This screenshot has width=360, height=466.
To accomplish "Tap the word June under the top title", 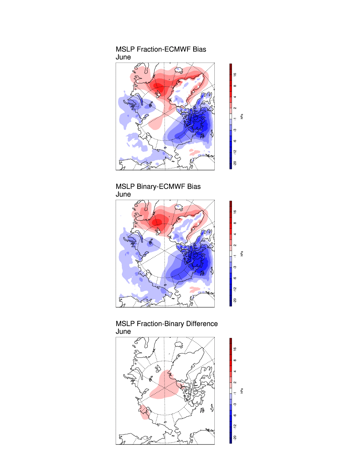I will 123,57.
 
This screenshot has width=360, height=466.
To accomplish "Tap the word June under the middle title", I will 123,195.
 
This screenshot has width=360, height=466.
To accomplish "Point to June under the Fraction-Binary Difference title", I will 123,332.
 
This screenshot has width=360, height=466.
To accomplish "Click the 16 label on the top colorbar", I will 235,75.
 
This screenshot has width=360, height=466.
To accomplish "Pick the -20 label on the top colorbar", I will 235,163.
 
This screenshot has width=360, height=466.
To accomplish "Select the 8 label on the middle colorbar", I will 235,223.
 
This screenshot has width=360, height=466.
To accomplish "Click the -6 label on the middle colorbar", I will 235,278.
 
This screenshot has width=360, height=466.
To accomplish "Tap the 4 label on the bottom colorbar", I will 235,371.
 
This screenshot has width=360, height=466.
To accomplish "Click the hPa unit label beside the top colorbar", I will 242,116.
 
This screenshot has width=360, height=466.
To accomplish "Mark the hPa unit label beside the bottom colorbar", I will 242,391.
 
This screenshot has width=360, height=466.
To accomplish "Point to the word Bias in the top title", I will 199,50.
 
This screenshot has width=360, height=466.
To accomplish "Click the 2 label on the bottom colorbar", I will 235,383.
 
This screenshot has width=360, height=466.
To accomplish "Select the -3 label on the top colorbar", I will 235,130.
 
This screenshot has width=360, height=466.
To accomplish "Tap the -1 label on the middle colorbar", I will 235,256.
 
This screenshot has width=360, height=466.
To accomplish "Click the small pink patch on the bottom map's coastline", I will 144,412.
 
